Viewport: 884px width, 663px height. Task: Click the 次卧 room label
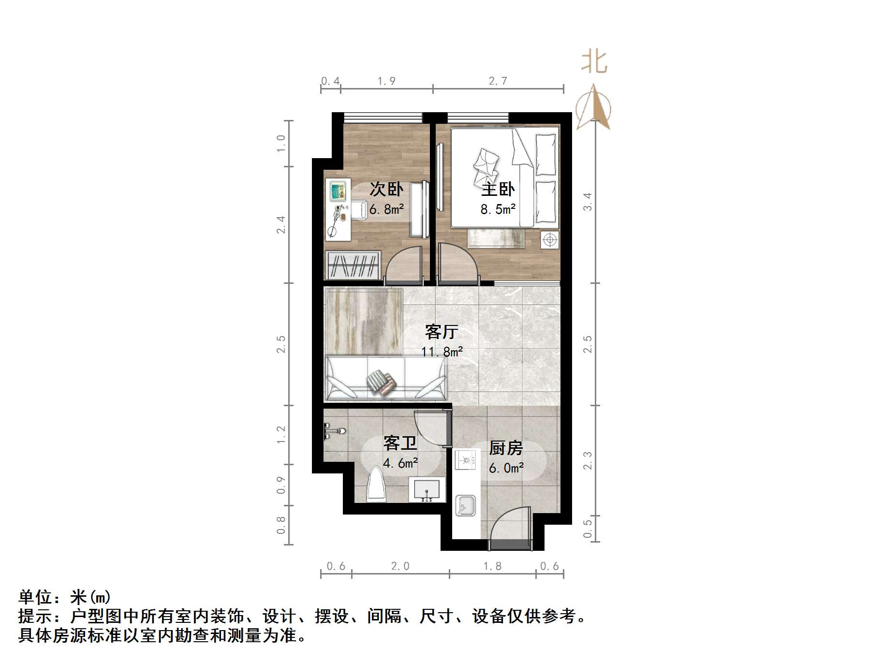coord(386,189)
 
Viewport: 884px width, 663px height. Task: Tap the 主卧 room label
coord(498,189)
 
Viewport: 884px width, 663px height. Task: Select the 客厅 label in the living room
coord(441,332)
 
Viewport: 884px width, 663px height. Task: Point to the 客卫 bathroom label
coord(400,442)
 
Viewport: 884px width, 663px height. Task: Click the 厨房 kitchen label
coord(506,448)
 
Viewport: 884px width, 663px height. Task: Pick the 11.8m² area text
coord(442,352)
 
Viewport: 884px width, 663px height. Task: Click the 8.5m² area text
coord(498,209)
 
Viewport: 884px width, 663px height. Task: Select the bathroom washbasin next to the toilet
coord(427,489)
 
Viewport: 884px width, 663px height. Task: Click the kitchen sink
coord(465,506)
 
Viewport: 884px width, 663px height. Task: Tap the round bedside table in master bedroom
coord(549,239)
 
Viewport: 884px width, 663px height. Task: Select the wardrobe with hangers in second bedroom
coord(352,265)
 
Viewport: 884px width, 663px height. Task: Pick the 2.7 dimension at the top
coord(498,81)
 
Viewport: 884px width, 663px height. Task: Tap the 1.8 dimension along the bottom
coord(492,566)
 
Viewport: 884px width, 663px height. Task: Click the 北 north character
coord(594,62)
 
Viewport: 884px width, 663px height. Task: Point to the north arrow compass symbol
coord(593,107)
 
